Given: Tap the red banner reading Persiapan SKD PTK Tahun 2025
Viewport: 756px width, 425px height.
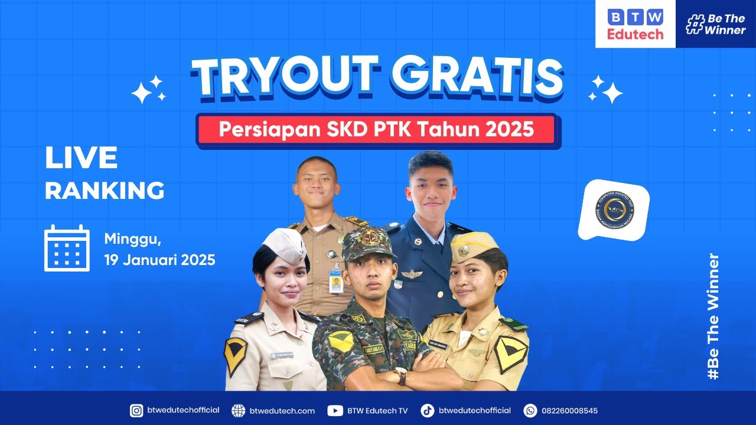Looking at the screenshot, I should click(x=377, y=130).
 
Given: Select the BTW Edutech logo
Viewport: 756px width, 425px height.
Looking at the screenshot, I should click(x=635, y=24).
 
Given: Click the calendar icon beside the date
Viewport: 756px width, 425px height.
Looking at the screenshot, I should click(x=67, y=249).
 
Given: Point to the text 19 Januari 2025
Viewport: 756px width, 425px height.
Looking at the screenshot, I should click(x=159, y=259).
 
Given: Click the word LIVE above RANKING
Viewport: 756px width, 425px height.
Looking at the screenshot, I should click(x=81, y=158).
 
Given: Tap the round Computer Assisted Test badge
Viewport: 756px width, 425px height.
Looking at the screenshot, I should click(x=614, y=211).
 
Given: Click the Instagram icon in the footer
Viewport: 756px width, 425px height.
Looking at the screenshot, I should click(x=136, y=410).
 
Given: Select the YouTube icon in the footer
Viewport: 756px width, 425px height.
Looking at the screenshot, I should click(x=334, y=410).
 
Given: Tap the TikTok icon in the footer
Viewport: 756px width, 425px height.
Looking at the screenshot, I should click(x=427, y=410).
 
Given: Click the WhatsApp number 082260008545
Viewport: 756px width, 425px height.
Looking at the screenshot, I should click(x=569, y=410).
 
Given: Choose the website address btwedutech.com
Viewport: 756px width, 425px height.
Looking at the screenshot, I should click(x=282, y=410).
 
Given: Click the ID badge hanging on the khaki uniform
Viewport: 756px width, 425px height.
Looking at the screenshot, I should click(x=335, y=282).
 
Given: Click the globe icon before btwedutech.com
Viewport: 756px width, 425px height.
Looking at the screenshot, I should click(x=238, y=410).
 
